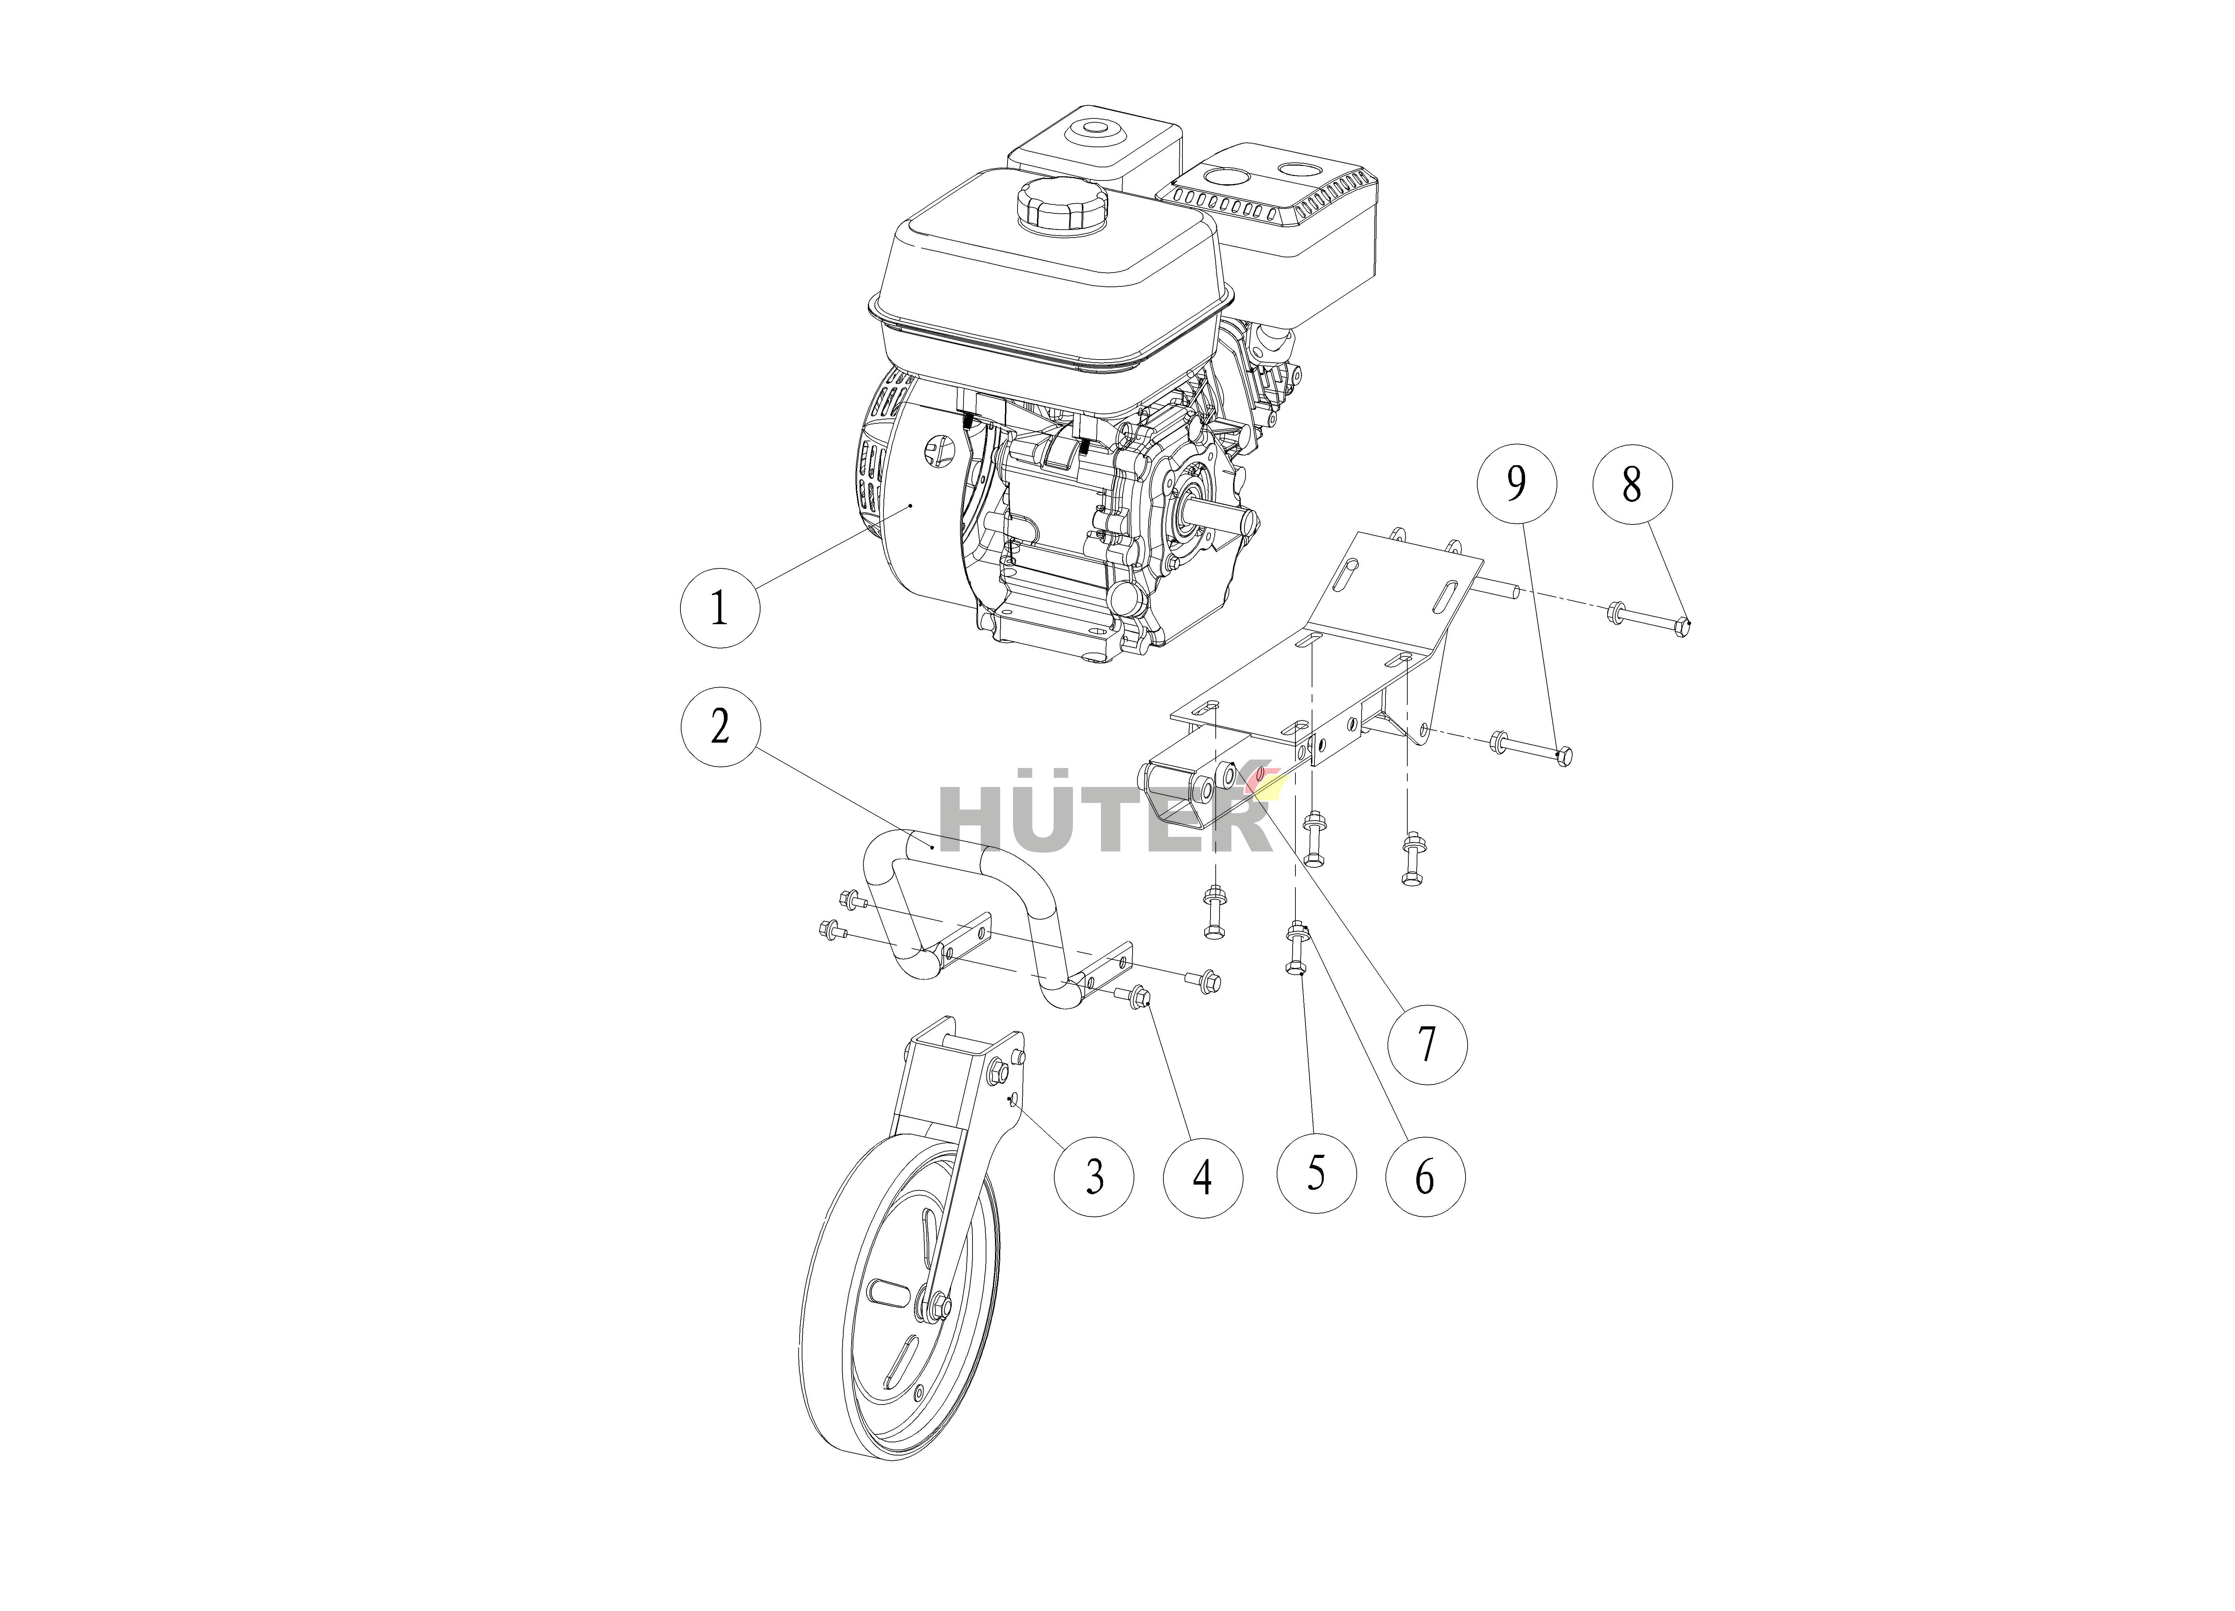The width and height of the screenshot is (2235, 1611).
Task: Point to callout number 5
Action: (x=1317, y=1172)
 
